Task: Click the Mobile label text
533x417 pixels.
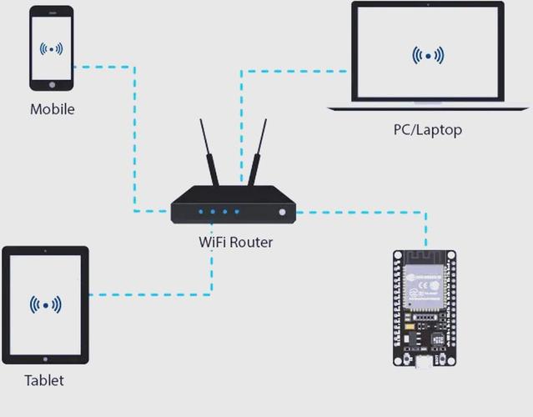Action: click(52, 109)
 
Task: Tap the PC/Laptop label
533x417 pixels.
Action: click(427, 129)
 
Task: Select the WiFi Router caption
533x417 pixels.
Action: click(235, 243)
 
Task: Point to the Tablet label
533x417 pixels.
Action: click(43, 380)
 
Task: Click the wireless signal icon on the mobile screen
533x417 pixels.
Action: click(52, 49)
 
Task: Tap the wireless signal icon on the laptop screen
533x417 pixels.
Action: click(428, 56)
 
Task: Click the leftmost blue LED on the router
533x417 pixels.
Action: click(200, 212)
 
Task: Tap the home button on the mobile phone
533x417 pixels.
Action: click(52, 84)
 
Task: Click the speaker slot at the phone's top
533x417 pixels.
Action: click(52, 13)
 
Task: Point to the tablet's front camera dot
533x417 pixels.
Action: click(45, 251)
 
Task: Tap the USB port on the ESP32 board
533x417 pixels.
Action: click(426, 362)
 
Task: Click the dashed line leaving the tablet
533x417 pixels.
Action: click(150, 294)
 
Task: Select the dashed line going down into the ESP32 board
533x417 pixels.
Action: click(426, 229)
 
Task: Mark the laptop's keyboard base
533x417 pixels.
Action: click(427, 107)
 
